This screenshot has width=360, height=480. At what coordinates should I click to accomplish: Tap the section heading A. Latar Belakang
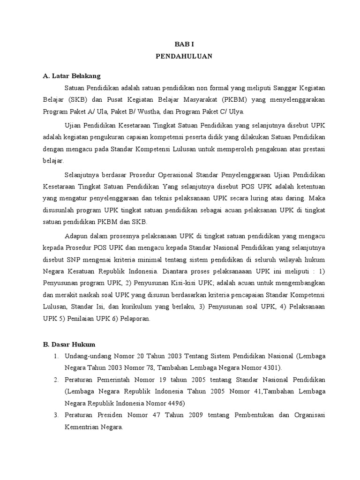tap(71, 75)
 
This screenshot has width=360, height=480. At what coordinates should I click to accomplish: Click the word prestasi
tap(313, 149)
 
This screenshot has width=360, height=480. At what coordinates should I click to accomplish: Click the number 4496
tap(175, 403)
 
